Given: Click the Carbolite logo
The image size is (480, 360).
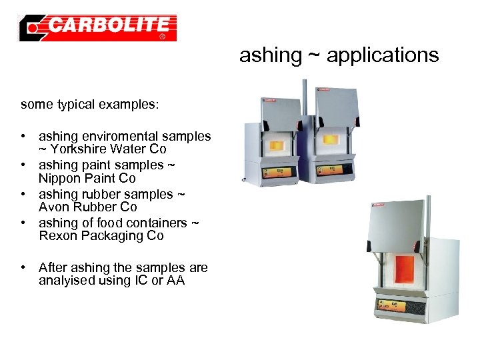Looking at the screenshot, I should click(98, 27).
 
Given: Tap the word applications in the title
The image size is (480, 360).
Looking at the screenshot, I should click(383, 55).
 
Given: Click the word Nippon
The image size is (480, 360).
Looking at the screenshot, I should click(59, 178).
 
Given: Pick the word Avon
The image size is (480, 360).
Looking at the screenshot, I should click(53, 207).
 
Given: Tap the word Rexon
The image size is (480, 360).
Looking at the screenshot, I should click(57, 236).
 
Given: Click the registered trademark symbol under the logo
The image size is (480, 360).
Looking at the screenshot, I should click(162, 37).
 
